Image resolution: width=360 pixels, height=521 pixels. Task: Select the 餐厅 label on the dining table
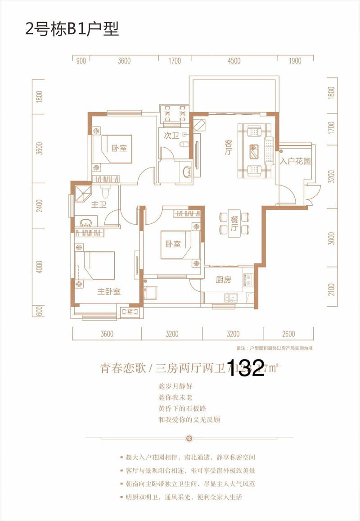coord(234,222)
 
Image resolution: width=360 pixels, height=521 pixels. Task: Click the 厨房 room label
coord(223,280)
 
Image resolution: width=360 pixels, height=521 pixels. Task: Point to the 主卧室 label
coord(109,292)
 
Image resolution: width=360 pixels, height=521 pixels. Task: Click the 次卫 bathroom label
coord(169,135)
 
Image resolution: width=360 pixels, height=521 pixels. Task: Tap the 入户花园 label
coord(295,161)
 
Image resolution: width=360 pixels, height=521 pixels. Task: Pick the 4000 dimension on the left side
coord(39,267)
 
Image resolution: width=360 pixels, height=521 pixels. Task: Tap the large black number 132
coord(247,368)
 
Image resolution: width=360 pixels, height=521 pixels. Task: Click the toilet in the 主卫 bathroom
coord(105,193)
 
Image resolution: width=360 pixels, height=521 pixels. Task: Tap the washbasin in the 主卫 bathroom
coord(87,222)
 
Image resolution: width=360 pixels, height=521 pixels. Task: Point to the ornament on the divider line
coord(189,437)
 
